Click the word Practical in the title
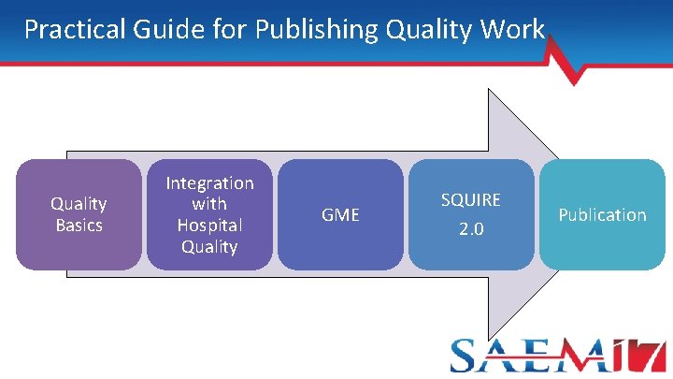pos(71,29)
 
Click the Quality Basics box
pos(79,214)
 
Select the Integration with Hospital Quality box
pos(209,214)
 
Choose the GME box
pos(340,214)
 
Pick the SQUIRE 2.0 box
pos(471,214)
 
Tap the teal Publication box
pos(602,214)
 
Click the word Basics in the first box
pos(79,226)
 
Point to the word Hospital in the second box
pos(209,226)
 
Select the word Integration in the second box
pos(209,182)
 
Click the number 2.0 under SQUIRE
pos(471,229)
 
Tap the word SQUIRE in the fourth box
pos(471,199)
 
